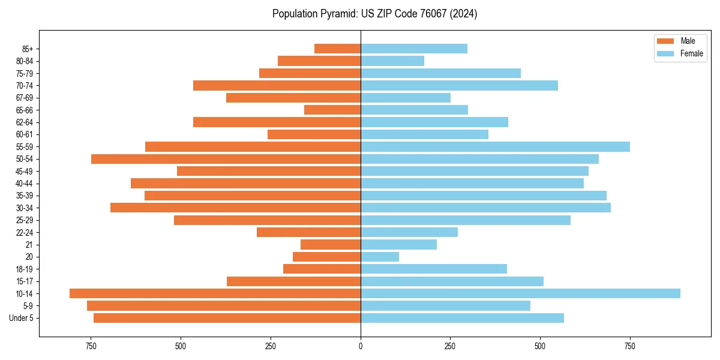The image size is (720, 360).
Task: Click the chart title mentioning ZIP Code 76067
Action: coord(374,14)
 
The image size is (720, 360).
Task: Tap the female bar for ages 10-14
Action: coord(520,293)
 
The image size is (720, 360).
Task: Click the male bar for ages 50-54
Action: coord(226,159)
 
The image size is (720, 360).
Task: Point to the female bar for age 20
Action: coord(380,257)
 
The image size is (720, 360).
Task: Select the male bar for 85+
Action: coord(337,49)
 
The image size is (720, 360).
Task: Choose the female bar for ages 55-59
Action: coord(495,146)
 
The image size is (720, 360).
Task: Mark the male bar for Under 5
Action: coord(227,318)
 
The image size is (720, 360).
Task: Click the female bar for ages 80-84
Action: coord(392,61)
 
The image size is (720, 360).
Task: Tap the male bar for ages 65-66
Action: coord(332,110)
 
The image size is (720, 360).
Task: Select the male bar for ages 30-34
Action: coord(235,208)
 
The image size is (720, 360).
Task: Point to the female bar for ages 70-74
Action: coord(459,85)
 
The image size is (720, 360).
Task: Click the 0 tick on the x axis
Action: coord(361,346)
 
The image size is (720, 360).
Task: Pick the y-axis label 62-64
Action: coord(25,122)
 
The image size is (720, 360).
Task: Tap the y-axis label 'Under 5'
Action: coord(22,318)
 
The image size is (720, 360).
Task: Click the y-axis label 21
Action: coord(29,245)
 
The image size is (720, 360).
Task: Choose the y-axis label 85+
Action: coord(27,49)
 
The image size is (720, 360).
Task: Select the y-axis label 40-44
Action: coord(25,184)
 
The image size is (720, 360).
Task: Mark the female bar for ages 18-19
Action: coord(434,269)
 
